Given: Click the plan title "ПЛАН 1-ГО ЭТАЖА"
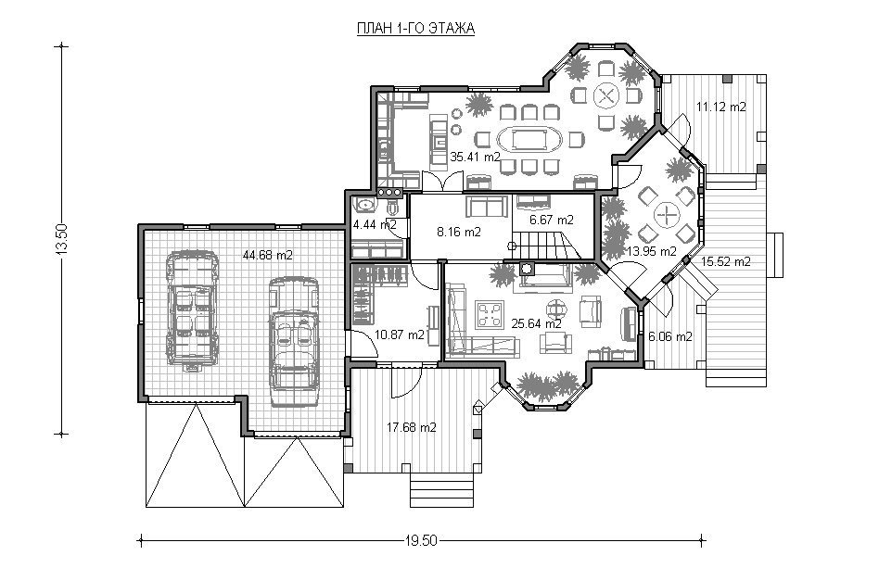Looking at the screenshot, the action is point(416,29).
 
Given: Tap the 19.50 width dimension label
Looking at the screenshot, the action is point(420,540).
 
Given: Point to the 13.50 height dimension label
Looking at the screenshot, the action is point(61,239).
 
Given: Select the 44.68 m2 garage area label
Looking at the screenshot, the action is point(267,255).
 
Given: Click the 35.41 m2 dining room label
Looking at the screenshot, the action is point(475,157).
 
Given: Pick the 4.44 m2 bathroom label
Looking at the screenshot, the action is point(375,224).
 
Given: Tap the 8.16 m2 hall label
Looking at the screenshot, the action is point(459,232).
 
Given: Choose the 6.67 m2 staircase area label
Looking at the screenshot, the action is point(552,220).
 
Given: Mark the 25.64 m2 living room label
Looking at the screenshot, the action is point(537,323).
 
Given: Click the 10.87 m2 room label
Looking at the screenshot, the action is point(400,335).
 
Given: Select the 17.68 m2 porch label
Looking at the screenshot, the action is point(412,427).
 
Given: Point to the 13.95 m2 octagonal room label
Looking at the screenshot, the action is point(652,251).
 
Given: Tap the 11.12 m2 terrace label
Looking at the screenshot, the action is point(721,107).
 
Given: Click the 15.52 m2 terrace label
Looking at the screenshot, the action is point(725,261).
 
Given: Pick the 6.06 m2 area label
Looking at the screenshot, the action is point(669,336).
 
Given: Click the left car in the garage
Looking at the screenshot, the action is point(192,310).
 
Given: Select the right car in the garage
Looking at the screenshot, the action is point(294,341).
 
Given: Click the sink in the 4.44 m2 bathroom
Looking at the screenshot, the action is point(365,205).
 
